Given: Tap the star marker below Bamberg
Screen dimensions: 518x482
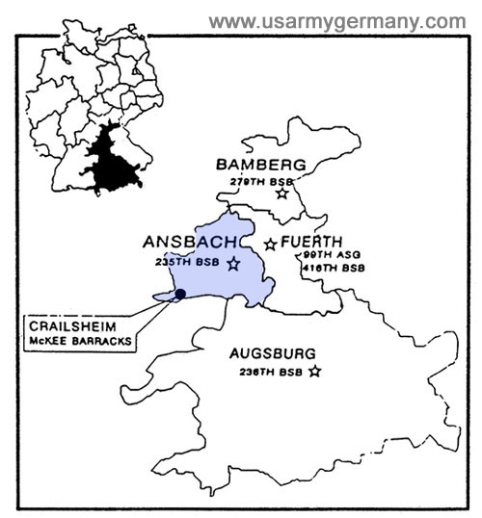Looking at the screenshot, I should point(281,194).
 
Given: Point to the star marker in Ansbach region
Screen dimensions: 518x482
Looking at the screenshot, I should point(233,263).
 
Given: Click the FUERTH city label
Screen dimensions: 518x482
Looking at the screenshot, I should point(313,244).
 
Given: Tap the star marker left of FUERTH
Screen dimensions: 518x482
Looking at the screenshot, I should point(271,245).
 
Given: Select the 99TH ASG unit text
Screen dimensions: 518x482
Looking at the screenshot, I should point(322,255).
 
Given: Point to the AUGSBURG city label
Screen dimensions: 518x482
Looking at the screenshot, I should point(273,352).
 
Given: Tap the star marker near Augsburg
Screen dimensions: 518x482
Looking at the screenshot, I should point(314,372).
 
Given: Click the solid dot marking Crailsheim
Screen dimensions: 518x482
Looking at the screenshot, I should point(180,293).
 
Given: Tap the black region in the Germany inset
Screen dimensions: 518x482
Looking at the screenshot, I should point(111,159).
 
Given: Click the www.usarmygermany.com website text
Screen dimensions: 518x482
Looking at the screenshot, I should point(336,21).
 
